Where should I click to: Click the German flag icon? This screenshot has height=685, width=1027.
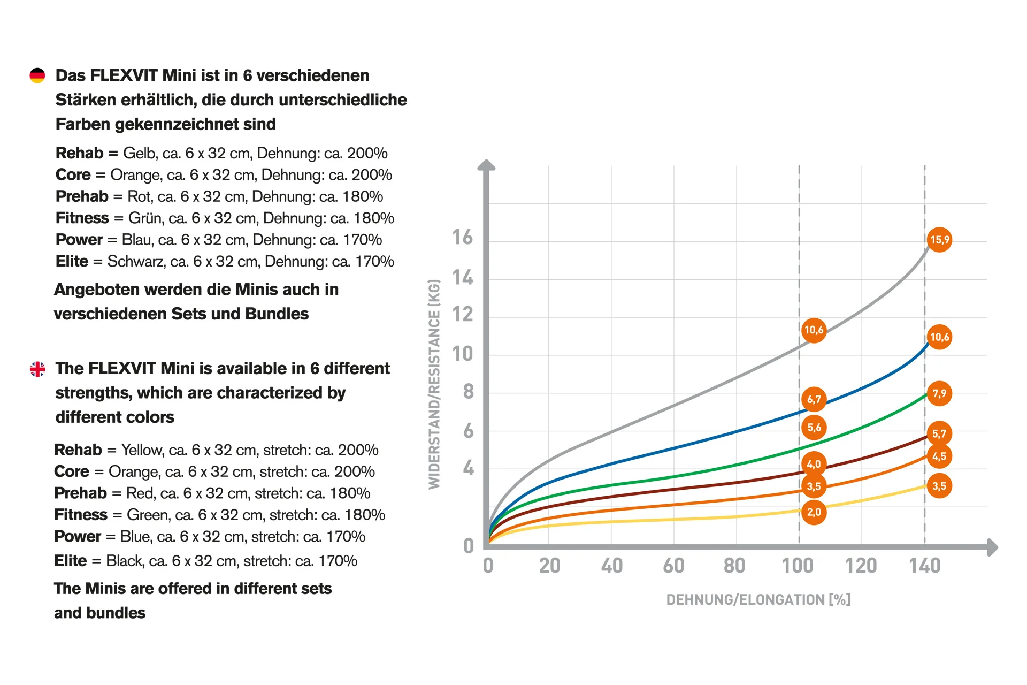tap(37, 75)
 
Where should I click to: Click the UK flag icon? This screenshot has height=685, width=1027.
tap(37, 369)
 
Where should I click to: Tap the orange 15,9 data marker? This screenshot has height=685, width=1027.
tap(939, 240)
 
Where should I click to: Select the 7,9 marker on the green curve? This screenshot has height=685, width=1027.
tap(939, 394)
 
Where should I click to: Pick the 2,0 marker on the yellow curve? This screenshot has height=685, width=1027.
tap(814, 513)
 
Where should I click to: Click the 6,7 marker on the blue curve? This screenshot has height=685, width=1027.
tap(814, 399)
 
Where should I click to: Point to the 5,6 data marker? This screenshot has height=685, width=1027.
tap(814, 428)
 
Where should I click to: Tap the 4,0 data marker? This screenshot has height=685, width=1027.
tap(814, 464)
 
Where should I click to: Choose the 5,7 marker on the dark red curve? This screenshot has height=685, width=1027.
tap(939, 434)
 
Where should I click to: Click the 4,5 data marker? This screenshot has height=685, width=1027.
tap(939, 456)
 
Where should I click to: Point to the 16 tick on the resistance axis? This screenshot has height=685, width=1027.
tap(463, 237)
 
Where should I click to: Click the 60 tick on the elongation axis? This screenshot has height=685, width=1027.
tap(673, 566)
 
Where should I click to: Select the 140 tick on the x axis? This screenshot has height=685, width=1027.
tap(925, 566)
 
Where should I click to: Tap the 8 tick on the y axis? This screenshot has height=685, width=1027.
tap(469, 392)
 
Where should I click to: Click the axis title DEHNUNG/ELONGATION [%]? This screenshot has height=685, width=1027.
tap(758, 600)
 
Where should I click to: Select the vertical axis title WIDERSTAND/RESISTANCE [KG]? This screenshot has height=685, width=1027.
tap(434, 384)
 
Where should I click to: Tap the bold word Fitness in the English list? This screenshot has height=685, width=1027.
tap(81, 515)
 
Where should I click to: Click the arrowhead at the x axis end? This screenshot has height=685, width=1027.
tap(992, 547)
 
